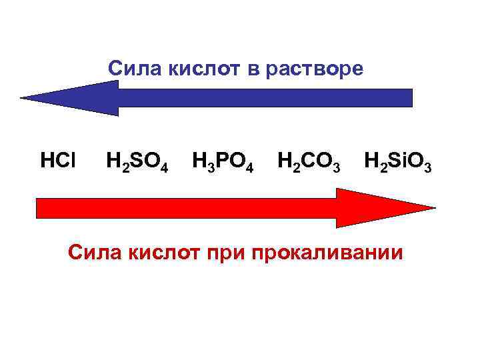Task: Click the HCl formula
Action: pyautogui.click(x=58, y=161)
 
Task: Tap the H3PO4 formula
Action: pyautogui.click(x=223, y=162)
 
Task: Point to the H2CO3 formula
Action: pyautogui.click(x=309, y=162)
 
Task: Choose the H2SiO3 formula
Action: pyautogui.click(x=398, y=162)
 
